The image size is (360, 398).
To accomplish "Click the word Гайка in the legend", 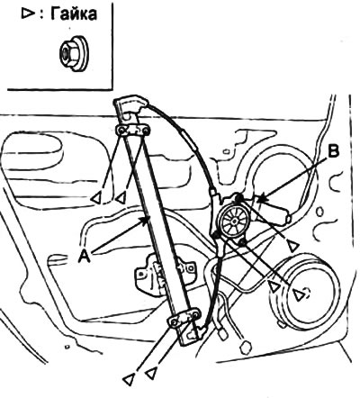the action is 74,14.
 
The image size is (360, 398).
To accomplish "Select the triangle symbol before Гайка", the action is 27,14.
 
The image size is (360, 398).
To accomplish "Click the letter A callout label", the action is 85,257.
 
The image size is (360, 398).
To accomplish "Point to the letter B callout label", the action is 333,151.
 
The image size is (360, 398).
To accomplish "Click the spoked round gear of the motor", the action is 234,221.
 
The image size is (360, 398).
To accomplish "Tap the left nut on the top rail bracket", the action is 122,131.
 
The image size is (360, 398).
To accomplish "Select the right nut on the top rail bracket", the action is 145,131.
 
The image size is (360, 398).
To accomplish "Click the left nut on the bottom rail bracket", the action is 175,322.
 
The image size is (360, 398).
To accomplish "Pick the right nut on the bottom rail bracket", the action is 195,315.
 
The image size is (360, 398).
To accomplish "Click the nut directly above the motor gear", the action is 239,197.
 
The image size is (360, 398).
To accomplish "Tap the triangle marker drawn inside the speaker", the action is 298,295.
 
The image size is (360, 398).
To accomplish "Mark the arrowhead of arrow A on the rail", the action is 146,219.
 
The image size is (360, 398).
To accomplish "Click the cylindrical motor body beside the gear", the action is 273,210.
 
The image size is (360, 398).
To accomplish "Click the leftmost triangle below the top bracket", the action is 96,199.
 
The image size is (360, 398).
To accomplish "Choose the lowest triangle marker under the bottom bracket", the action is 129,380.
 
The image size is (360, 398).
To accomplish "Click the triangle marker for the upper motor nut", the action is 293,246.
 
